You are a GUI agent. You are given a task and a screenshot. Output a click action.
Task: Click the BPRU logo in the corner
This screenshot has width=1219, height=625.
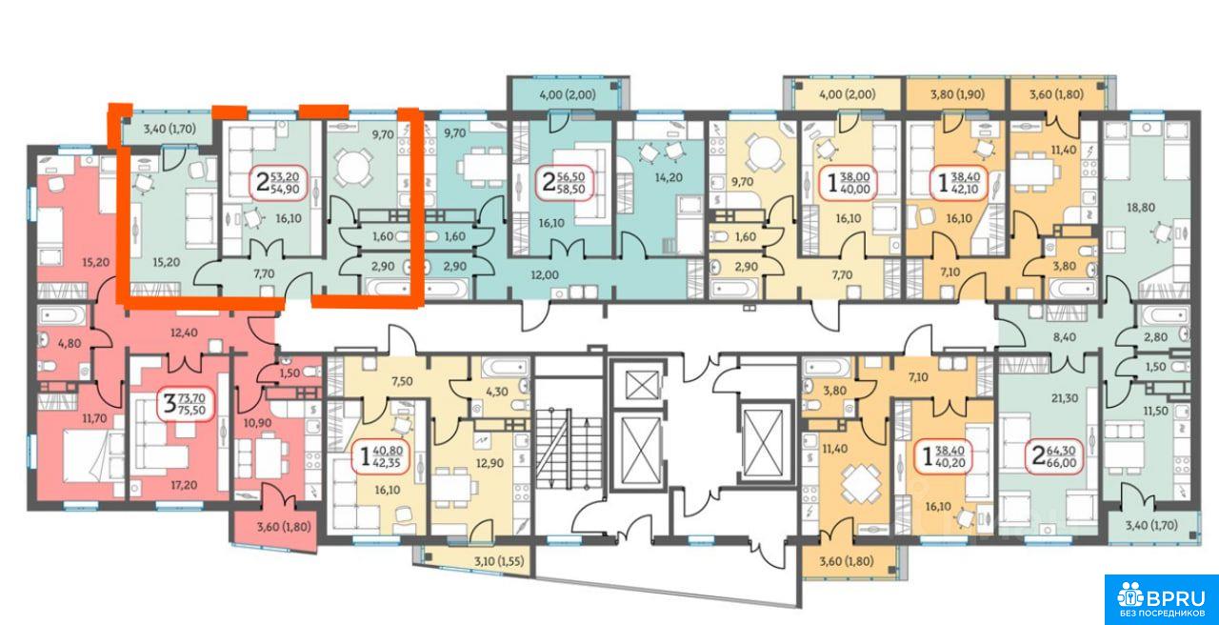[x=1161, y=600]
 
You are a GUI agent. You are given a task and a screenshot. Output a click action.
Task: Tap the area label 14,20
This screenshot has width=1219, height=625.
[x=669, y=177]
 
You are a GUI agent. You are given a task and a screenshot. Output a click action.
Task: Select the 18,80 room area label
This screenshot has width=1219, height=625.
[x=1141, y=208]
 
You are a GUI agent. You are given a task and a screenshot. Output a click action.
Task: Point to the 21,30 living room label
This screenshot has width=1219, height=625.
[x=1065, y=398]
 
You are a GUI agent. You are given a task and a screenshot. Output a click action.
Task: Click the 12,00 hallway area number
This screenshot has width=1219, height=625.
[x=545, y=275]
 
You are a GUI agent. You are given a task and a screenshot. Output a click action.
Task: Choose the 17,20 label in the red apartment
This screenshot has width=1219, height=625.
[x=184, y=485]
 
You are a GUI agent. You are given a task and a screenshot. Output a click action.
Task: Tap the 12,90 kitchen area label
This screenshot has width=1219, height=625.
[x=490, y=463]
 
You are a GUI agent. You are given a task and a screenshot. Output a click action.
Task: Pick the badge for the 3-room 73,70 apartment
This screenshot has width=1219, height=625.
[x=186, y=403]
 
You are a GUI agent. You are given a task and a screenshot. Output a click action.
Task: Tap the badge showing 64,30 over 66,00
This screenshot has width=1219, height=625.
[x=1053, y=456]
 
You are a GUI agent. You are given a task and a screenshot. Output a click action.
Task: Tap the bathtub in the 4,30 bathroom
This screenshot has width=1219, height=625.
[x=505, y=366]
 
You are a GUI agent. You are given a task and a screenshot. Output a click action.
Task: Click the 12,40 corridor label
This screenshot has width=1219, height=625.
[x=184, y=333]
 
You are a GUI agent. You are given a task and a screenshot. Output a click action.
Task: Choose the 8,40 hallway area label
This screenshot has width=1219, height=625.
[x=1065, y=337]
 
